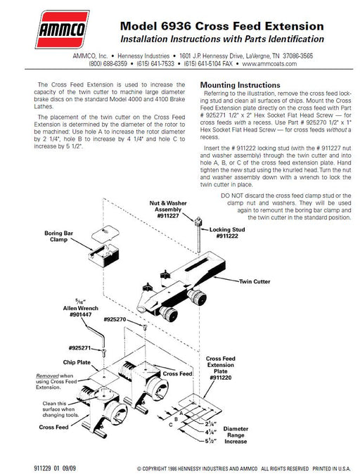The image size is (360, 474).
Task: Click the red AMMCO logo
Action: click(x=63, y=30)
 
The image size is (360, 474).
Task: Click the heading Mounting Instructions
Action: click(x=240, y=85)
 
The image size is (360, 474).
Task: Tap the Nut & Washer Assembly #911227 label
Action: click(x=168, y=210)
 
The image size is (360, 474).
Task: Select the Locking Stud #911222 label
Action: click(x=227, y=233)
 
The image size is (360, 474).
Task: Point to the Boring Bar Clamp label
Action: click(x=58, y=236)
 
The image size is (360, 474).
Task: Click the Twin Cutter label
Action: click(x=255, y=281)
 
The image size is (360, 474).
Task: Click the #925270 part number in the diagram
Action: click(x=115, y=319)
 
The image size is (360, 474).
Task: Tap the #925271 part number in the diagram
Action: click(x=79, y=348)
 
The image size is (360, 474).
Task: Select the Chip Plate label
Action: click(x=77, y=362)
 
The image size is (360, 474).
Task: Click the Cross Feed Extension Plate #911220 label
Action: click(x=221, y=368)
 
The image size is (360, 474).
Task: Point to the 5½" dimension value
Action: click(x=211, y=441)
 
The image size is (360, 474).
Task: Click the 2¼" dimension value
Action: click(x=211, y=423)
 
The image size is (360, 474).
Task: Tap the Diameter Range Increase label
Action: click(x=236, y=435)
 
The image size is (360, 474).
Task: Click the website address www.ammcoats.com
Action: click(x=269, y=64)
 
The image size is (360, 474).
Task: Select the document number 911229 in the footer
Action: click(x=42, y=468)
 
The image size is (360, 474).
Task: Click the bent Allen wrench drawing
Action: click(x=94, y=334)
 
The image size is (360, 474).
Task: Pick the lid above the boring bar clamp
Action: click(x=105, y=233)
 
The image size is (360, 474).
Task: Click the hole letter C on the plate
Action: click(x=170, y=425)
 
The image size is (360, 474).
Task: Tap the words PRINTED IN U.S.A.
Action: click(x=332, y=468)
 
